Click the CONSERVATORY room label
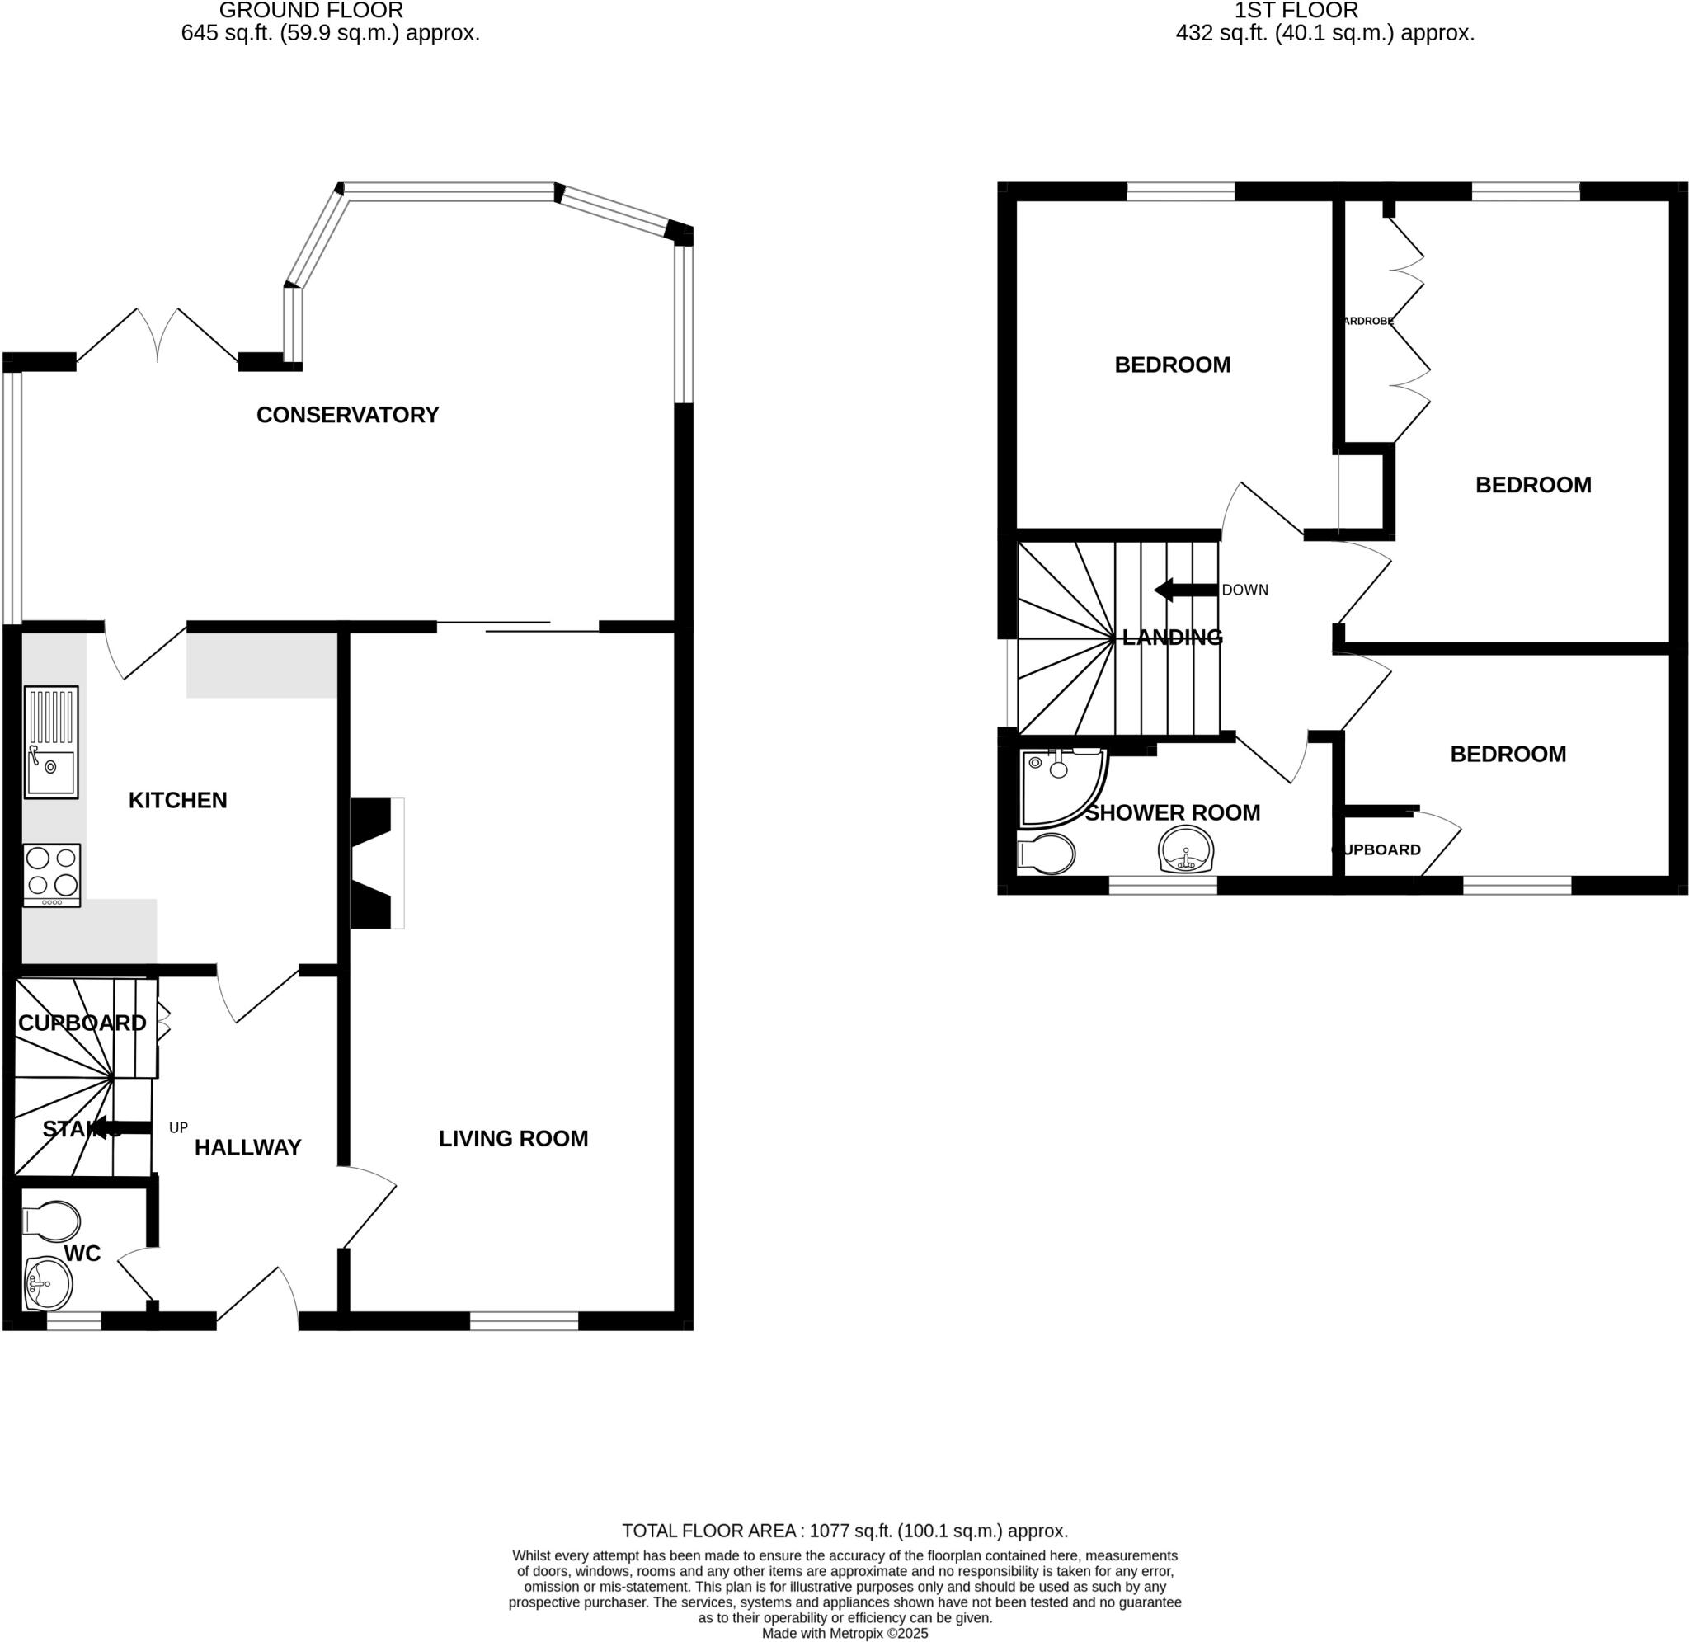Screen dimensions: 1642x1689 coord(347,415)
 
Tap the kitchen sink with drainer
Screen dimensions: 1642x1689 coord(51,741)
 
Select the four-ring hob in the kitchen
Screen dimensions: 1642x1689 coord(52,873)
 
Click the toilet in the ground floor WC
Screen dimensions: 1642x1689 coord(51,1221)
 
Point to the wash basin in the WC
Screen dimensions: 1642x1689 coord(49,1284)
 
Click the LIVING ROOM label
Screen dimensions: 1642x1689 coord(513,1138)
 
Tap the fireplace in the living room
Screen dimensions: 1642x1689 coord(376,863)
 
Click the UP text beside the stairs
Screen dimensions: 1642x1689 coord(178,1127)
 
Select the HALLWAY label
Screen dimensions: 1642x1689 coord(247,1147)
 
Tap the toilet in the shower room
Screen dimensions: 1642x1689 coord(1046,854)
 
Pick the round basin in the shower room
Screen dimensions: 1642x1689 coord(1187,849)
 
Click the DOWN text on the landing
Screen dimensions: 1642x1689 coord(1244,590)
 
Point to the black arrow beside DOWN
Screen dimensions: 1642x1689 coord(1185,590)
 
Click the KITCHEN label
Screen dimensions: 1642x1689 coord(177,800)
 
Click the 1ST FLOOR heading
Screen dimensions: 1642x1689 coord(1296,11)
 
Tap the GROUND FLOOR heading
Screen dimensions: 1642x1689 coord(310,11)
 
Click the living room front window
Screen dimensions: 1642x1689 coord(524,1320)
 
